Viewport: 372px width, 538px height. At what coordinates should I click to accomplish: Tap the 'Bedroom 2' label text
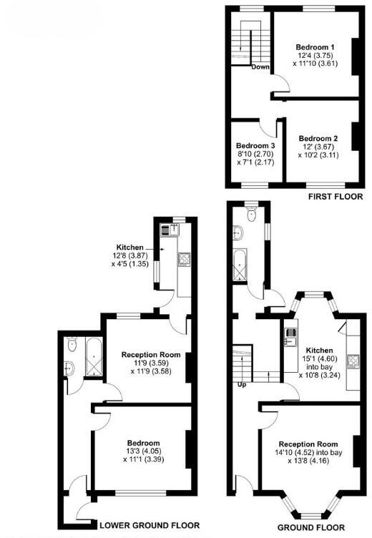point(318,138)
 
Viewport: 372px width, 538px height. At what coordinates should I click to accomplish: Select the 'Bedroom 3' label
point(255,145)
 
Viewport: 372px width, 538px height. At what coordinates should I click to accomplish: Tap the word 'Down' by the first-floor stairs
point(260,68)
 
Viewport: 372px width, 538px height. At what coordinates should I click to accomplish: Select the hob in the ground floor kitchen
point(352,361)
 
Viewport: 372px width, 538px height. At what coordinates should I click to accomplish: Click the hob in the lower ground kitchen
point(182,258)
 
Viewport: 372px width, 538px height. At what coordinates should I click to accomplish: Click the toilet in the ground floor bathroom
point(250,212)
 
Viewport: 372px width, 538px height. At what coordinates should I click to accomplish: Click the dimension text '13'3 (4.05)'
point(144,451)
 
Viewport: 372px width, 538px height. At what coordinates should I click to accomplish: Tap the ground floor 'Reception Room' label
point(308,443)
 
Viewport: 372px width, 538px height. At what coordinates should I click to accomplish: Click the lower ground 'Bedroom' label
point(144,442)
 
